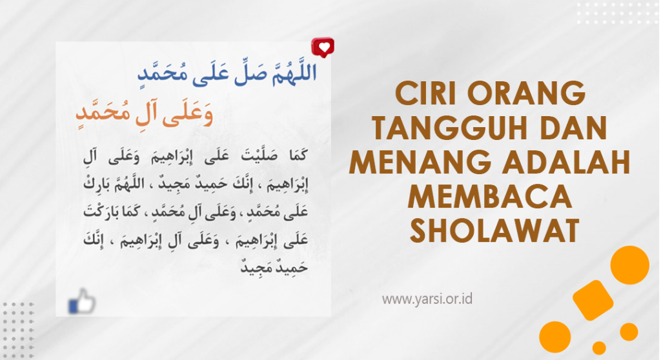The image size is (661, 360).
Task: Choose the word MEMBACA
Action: click(490, 197)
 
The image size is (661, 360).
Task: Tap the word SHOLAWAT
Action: click(495, 232)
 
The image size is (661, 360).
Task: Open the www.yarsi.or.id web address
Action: click(427, 299)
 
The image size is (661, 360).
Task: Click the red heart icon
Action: click(323, 47)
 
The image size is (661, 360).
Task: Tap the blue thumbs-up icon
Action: click(82, 301)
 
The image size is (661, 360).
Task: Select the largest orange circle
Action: click(630, 265)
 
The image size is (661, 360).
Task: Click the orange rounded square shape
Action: click(593, 301)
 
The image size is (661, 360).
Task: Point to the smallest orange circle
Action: click(599, 348)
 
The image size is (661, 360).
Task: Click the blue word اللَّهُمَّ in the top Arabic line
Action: click(294, 72)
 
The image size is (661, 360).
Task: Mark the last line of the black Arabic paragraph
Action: click(274, 266)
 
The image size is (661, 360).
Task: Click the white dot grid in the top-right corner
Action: click(618, 13)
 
